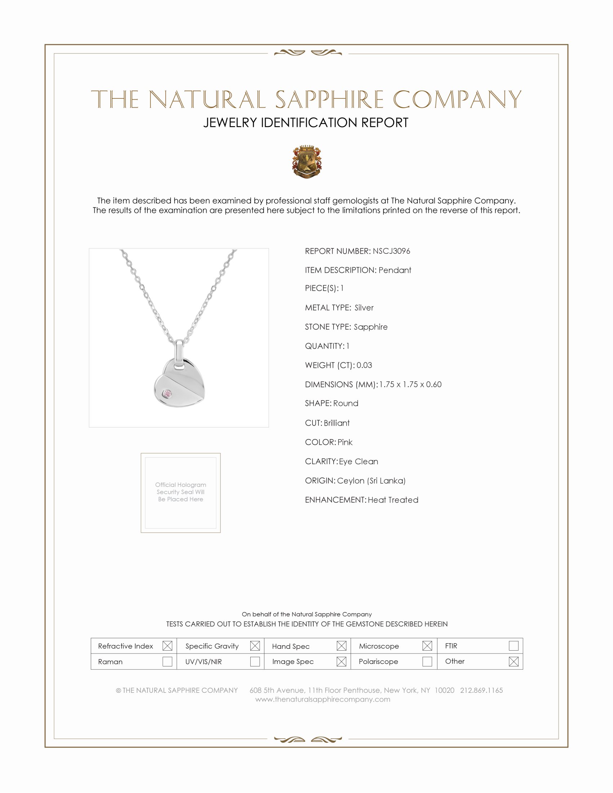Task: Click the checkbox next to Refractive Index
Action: click(167, 646)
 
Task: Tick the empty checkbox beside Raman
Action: click(167, 661)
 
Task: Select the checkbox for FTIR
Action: click(513, 646)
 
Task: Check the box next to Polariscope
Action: click(427, 661)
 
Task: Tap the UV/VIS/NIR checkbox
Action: click(255, 661)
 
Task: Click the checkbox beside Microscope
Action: click(427, 646)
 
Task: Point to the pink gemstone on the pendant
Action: click(167, 394)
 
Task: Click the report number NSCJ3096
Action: click(391, 251)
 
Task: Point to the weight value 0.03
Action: click(364, 365)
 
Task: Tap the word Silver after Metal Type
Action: click(364, 307)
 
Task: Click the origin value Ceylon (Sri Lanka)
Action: click(371, 480)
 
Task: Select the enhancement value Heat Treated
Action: click(393, 500)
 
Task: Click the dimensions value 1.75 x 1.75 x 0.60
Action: click(410, 384)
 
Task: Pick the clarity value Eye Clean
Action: click(358, 461)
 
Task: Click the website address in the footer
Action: click(322, 699)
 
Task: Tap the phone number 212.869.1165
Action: click(481, 690)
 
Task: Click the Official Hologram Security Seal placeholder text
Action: click(181, 492)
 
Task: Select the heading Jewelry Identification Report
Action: click(306, 123)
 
